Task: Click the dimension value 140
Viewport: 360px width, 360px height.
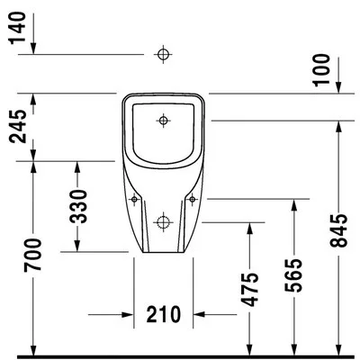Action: tap(17, 28)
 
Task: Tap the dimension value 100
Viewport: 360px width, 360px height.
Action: tap(321, 70)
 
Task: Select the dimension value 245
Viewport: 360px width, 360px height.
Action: tap(18, 127)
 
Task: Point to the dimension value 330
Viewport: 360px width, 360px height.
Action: tap(78, 207)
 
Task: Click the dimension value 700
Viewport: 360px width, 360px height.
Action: tap(32, 255)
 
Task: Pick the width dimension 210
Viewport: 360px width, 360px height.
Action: tap(164, 314)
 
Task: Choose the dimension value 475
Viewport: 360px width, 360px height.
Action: tap(250, 290)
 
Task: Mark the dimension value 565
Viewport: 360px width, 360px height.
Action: tap(292, 275)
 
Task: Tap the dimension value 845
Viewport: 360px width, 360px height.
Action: tap(338, 230)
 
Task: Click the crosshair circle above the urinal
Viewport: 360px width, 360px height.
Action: tap(163, 55)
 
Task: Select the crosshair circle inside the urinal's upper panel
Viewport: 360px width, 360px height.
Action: tap(163, 121)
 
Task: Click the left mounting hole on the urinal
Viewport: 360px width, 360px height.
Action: tap(134, 199)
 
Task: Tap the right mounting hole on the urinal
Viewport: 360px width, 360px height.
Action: tap(192, 199)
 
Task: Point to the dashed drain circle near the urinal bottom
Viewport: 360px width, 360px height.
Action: tap(163, 222)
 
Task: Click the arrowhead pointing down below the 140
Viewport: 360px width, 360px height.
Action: tap(33, 49)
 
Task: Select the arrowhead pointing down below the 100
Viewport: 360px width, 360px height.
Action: tap(338, 87)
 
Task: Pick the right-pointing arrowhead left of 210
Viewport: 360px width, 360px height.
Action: tap(127, 314)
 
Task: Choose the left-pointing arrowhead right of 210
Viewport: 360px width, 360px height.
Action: tap(199, 314)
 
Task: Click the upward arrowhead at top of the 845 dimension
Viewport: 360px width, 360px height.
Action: tap(338, 127)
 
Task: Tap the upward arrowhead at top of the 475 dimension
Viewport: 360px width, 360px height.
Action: tap(249, 229)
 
